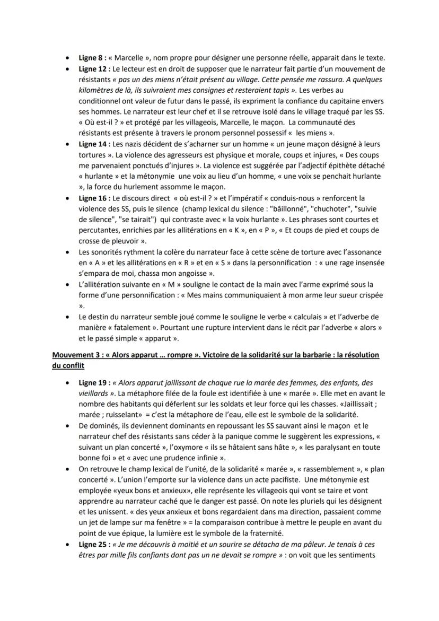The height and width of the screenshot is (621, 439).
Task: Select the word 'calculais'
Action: pos(295,317)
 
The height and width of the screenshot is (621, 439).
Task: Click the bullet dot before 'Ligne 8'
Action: pos(66,58)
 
